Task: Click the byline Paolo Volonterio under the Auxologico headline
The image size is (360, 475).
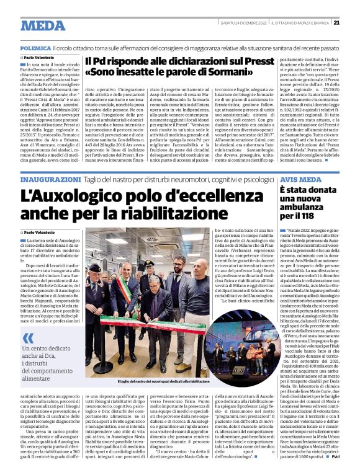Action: tap(42, 232)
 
